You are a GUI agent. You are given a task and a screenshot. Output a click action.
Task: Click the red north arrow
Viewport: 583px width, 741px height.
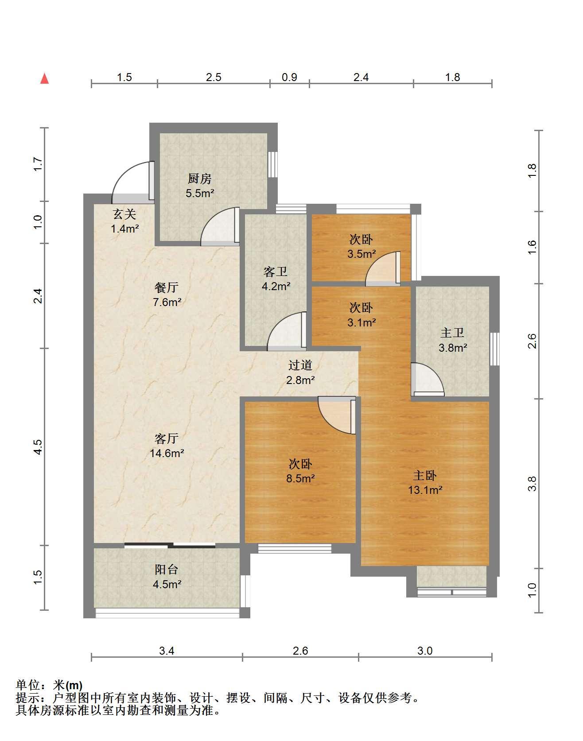click(x=44, y=79)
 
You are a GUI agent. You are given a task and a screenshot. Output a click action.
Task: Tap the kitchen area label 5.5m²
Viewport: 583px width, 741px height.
click(x=200, y=193)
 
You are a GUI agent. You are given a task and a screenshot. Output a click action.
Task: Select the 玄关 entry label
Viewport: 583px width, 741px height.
click(x=124, y=215)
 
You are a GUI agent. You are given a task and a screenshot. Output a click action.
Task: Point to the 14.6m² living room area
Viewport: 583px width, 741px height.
click(x=167, y=453)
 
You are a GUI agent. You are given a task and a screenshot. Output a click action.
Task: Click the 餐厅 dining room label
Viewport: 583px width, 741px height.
click(x=167, y=287)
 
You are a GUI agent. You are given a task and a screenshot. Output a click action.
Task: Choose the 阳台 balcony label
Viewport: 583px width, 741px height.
click(x=167, y=570)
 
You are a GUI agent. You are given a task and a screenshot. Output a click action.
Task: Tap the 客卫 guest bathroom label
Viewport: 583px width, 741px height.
click(x=276, y=272)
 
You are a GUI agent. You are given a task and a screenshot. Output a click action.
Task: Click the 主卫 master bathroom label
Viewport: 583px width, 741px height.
click(x=452, y=333)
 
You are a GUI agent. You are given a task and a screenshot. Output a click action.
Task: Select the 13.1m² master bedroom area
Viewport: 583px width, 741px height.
click(x=425, y=490)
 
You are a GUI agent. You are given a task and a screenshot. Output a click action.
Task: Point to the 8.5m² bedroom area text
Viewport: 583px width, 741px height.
click(x=300, y=478)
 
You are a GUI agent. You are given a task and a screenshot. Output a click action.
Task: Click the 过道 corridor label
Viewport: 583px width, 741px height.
click(x=300, y=365)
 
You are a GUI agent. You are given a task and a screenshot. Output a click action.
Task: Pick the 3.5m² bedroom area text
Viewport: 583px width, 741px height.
click(x=361, y=254)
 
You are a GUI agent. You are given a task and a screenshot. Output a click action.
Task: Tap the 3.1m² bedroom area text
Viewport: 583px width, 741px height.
click(x=361, y=322)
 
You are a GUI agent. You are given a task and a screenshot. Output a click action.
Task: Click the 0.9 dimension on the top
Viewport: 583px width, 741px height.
click(x=289, y=77)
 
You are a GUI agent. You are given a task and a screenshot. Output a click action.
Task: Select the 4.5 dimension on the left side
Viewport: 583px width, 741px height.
click(x=38, y=446)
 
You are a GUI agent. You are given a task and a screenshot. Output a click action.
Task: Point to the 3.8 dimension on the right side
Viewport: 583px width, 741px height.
click(x=532, y=483)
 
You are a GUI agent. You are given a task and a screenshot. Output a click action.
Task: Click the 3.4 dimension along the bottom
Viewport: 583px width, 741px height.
click(x=167, y=651)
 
